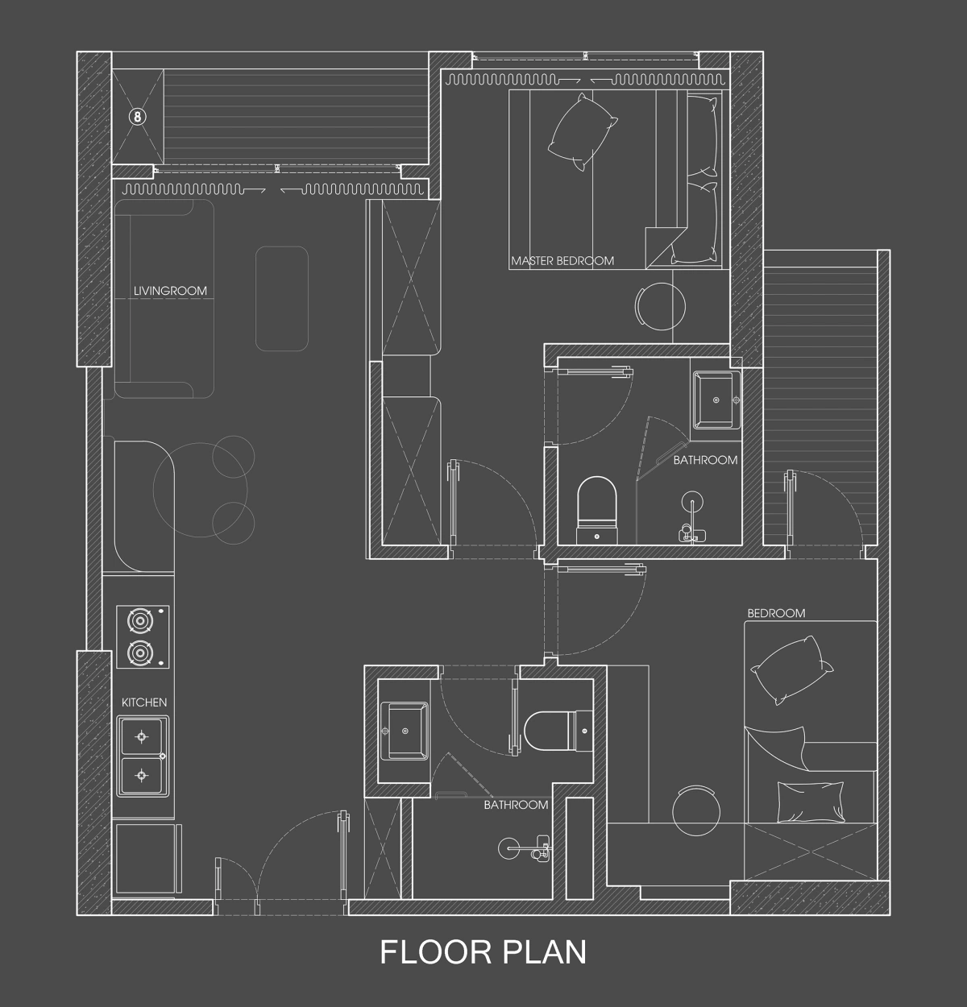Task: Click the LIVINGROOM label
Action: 170,291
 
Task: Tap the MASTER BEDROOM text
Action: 562,261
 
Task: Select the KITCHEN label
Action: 144,702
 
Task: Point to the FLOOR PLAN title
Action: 483,951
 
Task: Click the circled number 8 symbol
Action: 138,117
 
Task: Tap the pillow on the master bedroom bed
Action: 582,132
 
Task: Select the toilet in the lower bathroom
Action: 558,731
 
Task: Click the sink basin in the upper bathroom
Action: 716,400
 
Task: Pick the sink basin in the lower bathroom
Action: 405,731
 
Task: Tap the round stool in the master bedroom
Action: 661,306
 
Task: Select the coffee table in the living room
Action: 282,299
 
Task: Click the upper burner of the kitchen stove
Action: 142,620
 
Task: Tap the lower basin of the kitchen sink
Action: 142,776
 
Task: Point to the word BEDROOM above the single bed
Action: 776,613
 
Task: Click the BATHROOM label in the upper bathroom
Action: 705,459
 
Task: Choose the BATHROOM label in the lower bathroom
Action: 516,805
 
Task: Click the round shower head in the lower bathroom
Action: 507,848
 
